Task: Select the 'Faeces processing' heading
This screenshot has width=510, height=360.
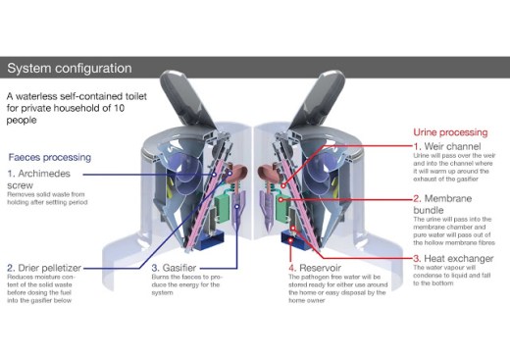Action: point(50,157)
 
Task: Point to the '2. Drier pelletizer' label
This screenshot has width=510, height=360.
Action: point(49,267)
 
